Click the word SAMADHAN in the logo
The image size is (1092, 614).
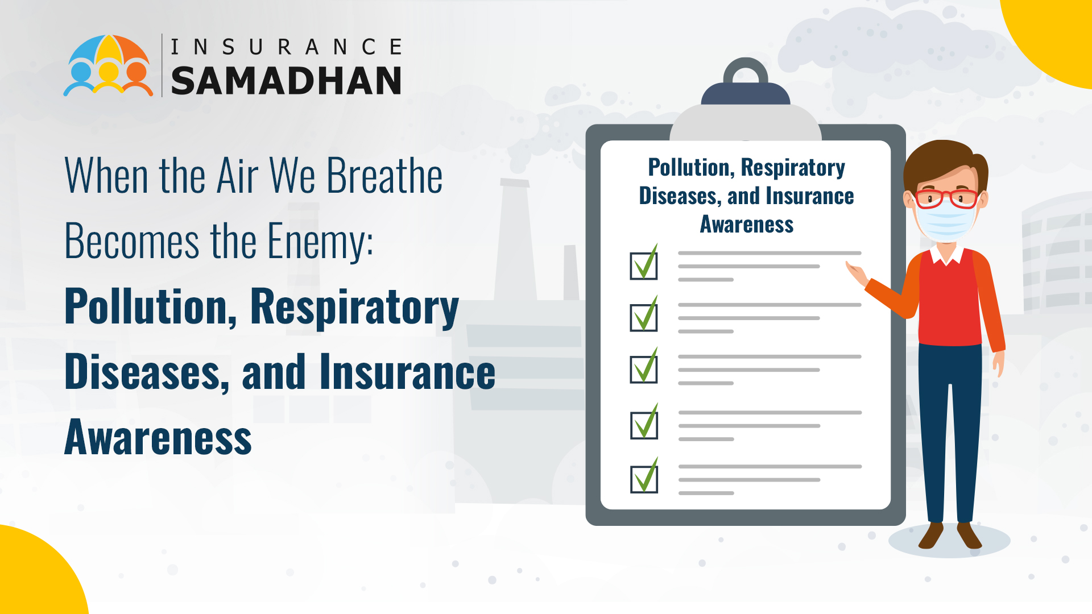286,80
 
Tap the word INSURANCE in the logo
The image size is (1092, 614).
286,47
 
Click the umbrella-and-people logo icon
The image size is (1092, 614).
108,65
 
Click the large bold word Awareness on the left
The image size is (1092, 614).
158,438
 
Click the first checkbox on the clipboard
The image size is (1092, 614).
643,265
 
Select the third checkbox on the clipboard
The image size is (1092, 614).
643,369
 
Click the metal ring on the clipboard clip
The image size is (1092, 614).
745,72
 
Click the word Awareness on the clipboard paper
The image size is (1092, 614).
746,225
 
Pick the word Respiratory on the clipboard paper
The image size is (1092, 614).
793,168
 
